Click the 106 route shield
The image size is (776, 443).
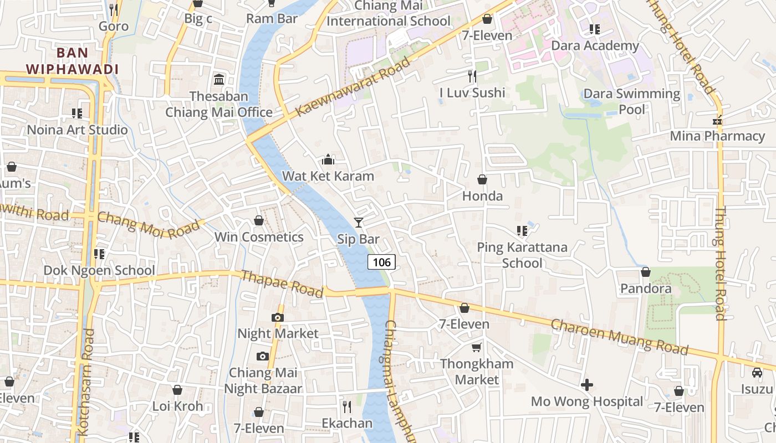[x=381, y=262]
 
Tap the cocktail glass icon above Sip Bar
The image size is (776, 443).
[x=359, y=223]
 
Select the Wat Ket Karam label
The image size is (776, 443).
[x=328, y=176]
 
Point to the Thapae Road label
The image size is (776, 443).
[x=282, y=284]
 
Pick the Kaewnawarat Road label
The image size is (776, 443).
[x=354, y=86]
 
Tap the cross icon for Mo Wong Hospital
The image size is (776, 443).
[x=587, y=384]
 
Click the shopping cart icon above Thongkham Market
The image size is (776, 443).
[x=476, y=347]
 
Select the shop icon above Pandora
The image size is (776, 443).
[x=646, y=272]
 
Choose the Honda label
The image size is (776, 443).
[x=482, y=196]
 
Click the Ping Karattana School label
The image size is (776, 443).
[x=522, y=255]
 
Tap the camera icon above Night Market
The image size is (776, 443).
[x=278, y=317]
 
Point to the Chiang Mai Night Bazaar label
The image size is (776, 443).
[x=263, y=380]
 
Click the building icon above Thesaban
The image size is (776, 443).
[x=219, y=80]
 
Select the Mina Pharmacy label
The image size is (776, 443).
[x=717, y=136]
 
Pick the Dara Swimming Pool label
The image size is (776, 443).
[x=632, y=101]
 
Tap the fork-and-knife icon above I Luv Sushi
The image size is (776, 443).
[x=472, y=75]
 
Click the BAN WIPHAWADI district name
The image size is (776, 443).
[x=72, y=61]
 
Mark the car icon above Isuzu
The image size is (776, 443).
[x=757, y=373]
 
